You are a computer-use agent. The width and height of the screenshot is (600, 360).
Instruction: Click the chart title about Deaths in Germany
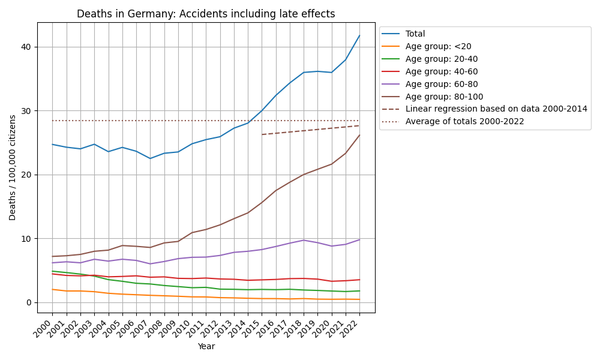(x=206, y=14)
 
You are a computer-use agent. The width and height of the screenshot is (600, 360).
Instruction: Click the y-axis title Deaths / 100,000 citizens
(x=13, y=167)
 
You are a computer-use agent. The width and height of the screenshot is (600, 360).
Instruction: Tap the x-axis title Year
(x=206, y=346)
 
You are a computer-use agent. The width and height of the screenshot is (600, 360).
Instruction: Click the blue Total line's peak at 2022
(x=359, y=35)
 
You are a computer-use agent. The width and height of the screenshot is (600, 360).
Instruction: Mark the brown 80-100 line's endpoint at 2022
(x=359, y=135)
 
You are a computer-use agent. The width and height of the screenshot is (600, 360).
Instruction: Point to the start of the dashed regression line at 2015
(x=262, y=134)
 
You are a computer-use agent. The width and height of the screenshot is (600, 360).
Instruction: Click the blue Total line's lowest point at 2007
(x=150, y=158)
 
